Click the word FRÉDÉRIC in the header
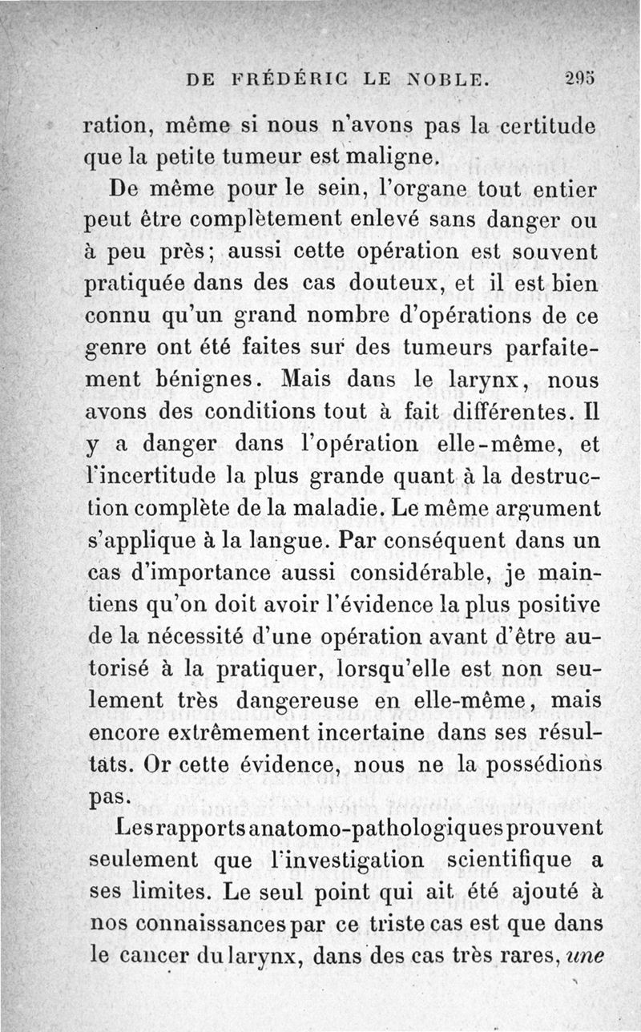tap(287, 79)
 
